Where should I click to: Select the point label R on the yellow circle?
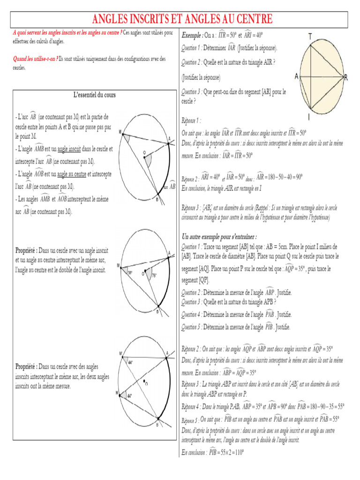coord(345,77)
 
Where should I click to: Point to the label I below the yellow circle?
coord(308,117)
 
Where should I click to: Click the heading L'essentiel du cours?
coord(95,95)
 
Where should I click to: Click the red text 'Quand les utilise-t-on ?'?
coord(35,59)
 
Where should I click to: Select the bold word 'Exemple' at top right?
coord(191,35)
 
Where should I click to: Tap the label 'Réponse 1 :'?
coord(191,120)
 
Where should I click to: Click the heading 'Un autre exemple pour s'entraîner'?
coord(219,237)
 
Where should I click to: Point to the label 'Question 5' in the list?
coord(195,327)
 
